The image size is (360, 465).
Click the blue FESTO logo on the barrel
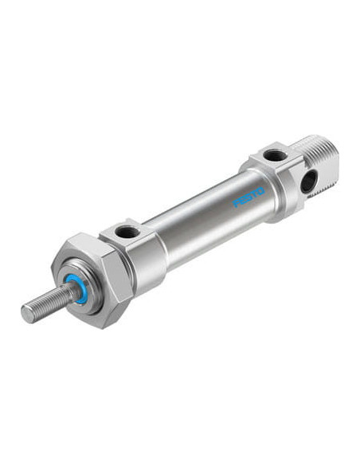pos(248,197)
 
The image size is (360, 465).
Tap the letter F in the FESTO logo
pos(237,203)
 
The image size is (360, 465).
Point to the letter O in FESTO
pos(260,191)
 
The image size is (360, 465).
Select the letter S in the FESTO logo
pos(248,197)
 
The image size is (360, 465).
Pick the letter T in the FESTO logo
pos(254,194)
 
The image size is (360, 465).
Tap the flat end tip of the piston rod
pos(27,314)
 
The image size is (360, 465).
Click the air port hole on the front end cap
pos(127,232)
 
